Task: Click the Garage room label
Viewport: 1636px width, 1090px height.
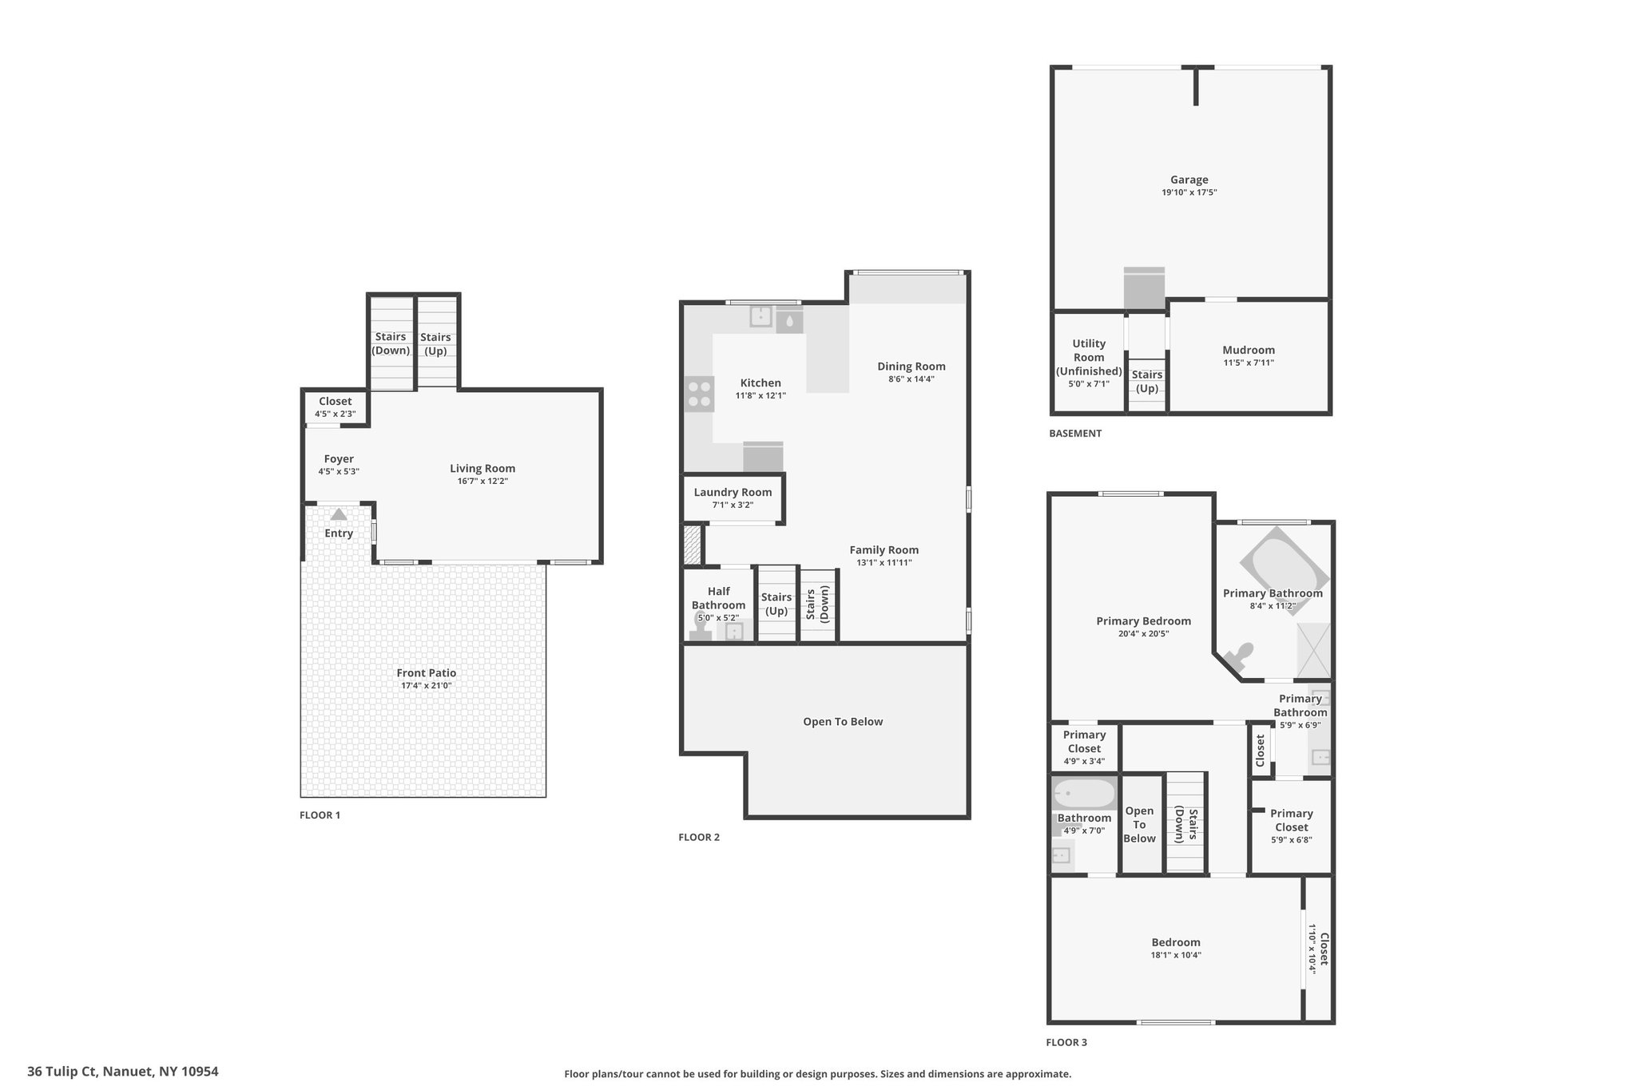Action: pos(1189,180)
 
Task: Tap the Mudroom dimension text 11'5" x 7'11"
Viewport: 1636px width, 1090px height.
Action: pos(1248,363)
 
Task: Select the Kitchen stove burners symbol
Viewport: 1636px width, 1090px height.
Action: pos(699,394)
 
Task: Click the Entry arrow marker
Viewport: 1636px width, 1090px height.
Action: pos(339,515)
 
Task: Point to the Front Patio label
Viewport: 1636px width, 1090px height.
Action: pos(427,673)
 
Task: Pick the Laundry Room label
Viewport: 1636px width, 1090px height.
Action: pos(733,492)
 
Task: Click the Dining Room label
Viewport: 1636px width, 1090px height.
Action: pos(911,367)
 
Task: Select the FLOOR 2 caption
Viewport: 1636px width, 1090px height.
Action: pos(699,838)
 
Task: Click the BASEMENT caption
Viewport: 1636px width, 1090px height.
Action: pos(1075,434)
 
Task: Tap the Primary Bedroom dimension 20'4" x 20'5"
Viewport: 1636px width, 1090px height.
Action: pos(1143,634)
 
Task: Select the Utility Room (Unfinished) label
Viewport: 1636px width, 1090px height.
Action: pos(1089,357)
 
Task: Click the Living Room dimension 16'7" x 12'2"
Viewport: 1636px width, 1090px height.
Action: pos(482,481)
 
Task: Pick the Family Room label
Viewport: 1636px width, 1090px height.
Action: pos(884,549)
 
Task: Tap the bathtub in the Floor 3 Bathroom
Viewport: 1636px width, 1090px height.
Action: pos(1084,795)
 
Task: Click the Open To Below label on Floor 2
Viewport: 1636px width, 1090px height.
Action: pos(843,721)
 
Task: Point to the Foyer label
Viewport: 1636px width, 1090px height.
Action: pos(339,459)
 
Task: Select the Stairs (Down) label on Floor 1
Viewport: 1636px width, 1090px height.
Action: pos(391,343)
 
